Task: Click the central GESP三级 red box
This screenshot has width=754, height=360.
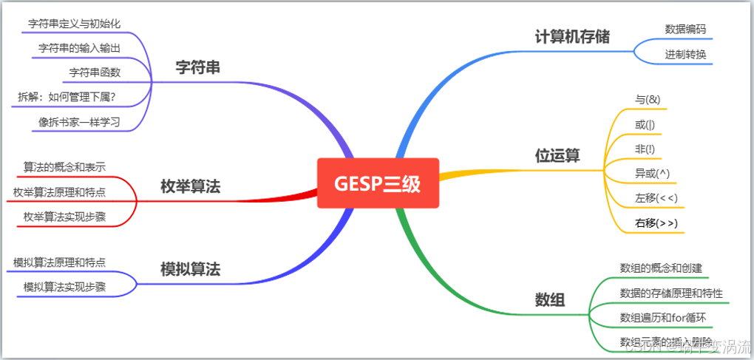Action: click(x=378, y=183)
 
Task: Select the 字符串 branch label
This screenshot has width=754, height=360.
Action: click(x=197, y=67)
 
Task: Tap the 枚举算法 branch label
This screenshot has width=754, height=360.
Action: click(x=190, y=187)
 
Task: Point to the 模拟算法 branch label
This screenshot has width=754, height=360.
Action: click(x=190, y=269)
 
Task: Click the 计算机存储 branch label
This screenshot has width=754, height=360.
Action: click(x=572, y=36)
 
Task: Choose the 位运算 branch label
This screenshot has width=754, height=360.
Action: click(x=557, y=156)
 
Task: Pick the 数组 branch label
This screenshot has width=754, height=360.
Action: click(x=550, y=299)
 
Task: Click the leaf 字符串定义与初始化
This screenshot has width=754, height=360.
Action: click(x=74, y=23)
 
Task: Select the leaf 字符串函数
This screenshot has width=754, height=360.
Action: click(x=95, y=72)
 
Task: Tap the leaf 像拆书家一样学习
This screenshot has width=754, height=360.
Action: click(x=79, y=122)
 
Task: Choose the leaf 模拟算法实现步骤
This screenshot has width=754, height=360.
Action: click(x=64, y=287)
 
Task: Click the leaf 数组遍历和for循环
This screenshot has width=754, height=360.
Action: click(x=663, y=318)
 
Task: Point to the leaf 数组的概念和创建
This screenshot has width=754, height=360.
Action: click(x=661, y=268)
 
